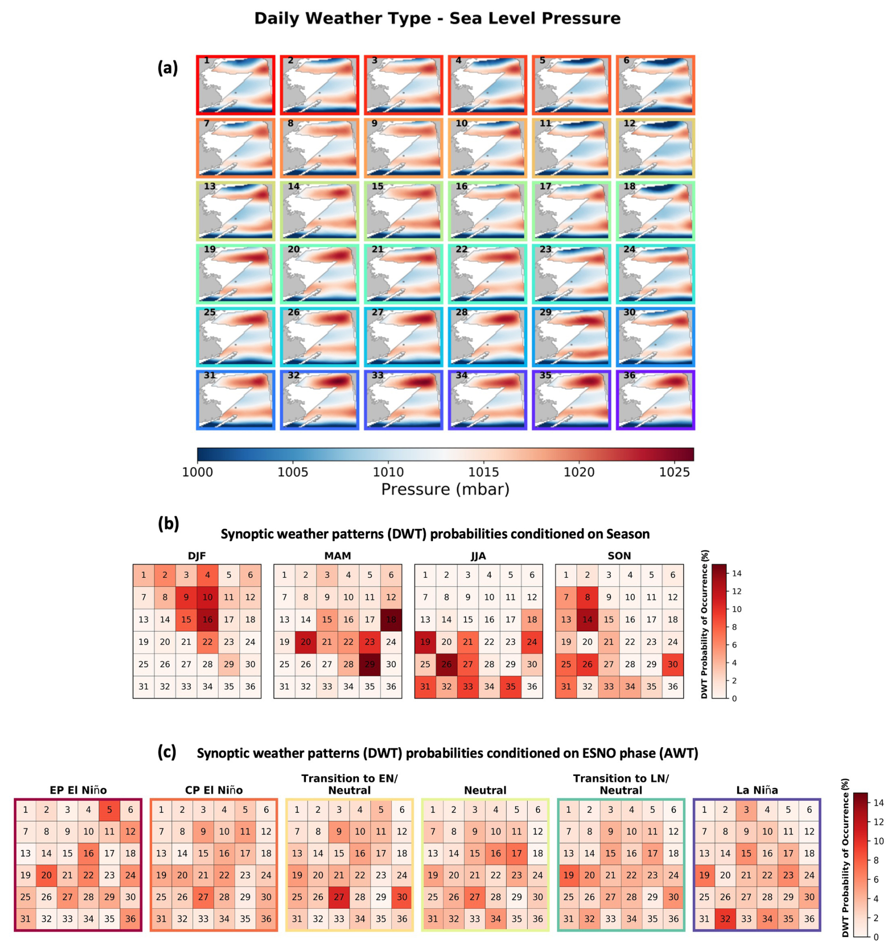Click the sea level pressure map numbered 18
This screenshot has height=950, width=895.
click(656, 211)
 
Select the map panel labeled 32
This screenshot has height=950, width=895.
click(319, 400)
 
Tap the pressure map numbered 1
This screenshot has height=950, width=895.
click(236, 85)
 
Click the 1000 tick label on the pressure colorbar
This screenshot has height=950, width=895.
click(197, 472)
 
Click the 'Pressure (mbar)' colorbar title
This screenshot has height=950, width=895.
click(445, 489)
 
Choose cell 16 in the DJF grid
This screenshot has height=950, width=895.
click(208, 619)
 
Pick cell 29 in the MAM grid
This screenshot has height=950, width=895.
click(369, 664)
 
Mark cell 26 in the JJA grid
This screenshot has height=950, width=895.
click(447, 664)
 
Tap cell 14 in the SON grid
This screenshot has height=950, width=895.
click(588, 619)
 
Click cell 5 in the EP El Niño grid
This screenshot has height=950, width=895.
click(109, 810)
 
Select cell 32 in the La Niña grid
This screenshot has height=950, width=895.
click(725, 918)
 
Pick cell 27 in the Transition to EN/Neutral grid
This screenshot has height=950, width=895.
click(339, 897)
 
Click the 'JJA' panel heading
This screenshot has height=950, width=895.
click(478, 556)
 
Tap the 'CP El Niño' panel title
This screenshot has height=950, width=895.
click(214, 790)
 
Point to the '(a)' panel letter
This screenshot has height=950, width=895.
click(168, 69)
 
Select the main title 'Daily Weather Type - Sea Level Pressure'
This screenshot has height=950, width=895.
click(438, 18)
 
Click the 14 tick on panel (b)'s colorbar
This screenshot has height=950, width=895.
click(737, 574)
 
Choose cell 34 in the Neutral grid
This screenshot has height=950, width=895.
click(496, 918)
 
